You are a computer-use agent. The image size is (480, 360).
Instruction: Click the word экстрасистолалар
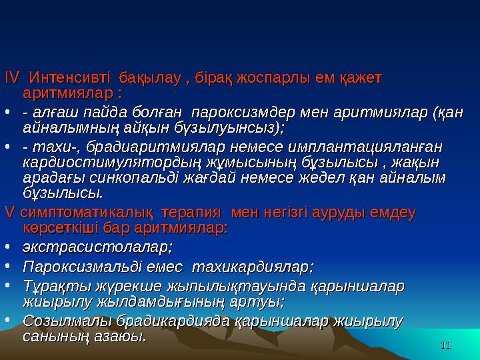tap(97, 248)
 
